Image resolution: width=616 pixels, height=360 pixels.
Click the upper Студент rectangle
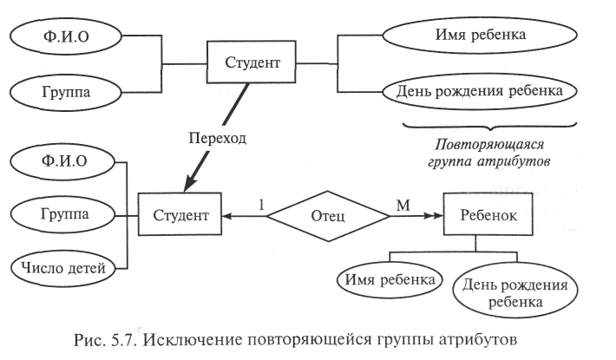tap(252, 63)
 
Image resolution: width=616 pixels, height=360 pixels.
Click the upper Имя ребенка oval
tap(480, 36)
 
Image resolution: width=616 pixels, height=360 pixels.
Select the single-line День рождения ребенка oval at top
tap(480, 90)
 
